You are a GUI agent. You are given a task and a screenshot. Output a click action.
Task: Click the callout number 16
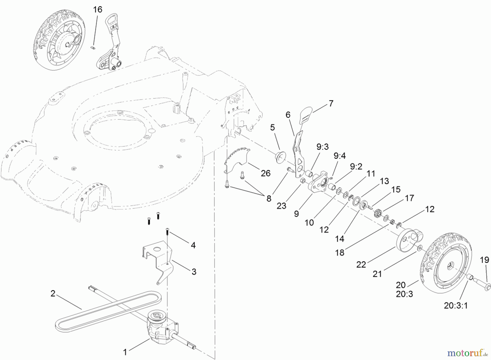pos(97,10)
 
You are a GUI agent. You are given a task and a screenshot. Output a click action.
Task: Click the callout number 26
pos(265,173)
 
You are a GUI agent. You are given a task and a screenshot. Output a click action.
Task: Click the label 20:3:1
pos(456,306)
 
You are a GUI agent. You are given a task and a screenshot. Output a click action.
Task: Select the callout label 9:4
pos(339,156)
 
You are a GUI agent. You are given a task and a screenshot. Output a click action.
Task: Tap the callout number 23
pos(281,206)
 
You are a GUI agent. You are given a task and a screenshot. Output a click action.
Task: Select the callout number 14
pos(340,239)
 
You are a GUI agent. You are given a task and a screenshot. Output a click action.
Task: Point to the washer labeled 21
pos(419,248)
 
